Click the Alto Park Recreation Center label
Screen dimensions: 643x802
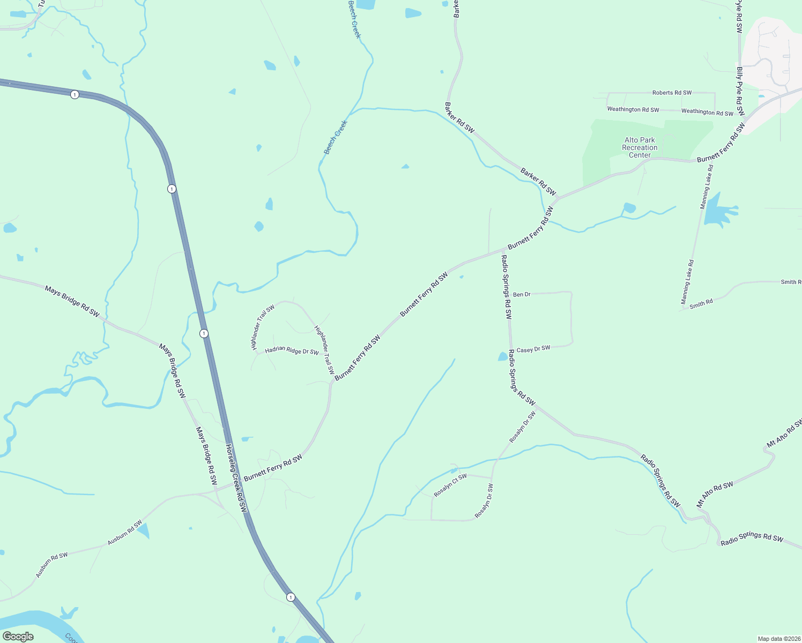(640, 147)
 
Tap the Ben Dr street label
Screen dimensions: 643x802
(522, 295)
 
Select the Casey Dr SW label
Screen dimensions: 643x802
(533, 349)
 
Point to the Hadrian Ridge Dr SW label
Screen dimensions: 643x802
(292, 351)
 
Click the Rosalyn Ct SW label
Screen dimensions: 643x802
(450, 485)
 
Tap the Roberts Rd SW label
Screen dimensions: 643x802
(672, 93)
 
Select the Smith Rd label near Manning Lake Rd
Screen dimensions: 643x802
(701, 304)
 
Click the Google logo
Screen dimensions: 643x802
(18, 637)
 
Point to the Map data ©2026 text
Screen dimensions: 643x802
(778, 639)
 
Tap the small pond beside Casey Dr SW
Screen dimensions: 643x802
(503, 356)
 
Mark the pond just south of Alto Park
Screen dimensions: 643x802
(629, 208)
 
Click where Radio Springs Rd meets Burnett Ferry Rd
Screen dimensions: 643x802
(503, 250)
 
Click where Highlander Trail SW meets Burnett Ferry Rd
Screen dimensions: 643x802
(331, 382)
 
